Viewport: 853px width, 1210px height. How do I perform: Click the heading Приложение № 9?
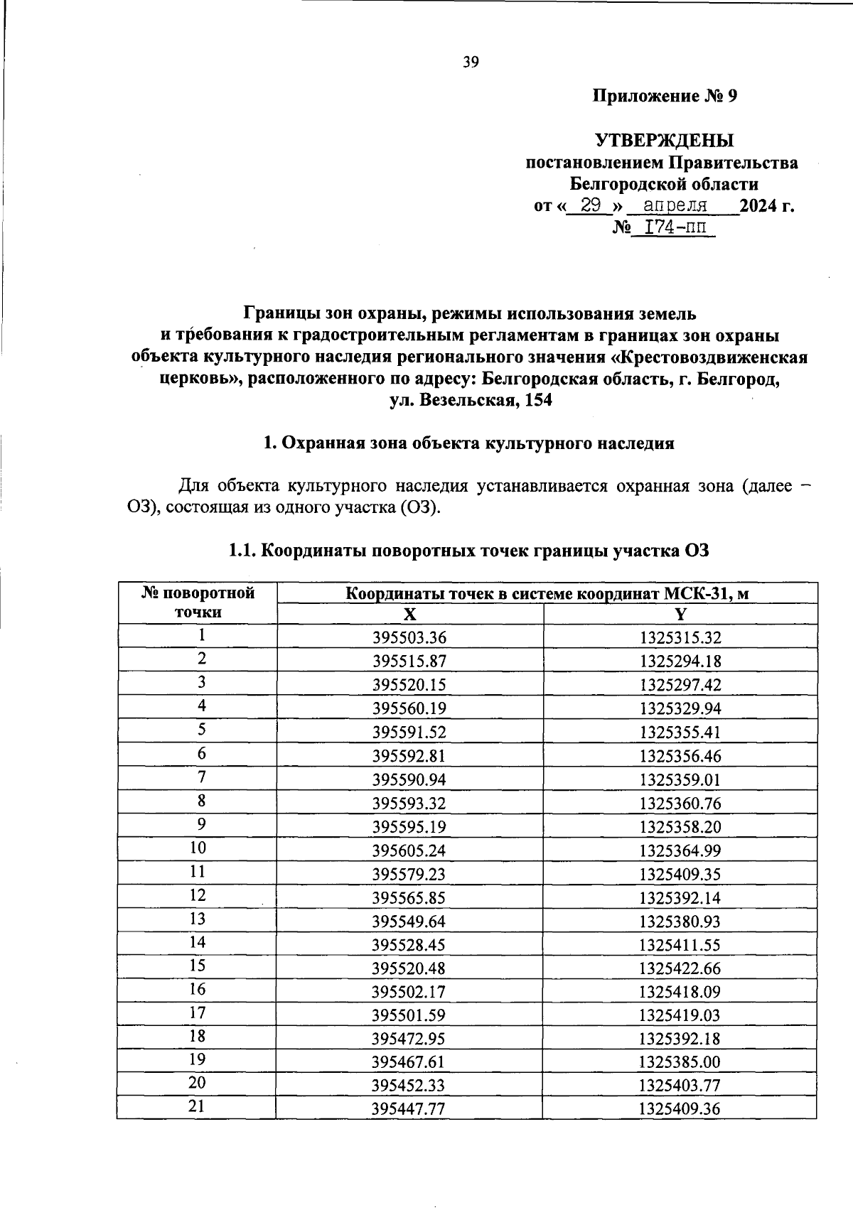665,96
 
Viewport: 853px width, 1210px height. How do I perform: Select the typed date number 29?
591,206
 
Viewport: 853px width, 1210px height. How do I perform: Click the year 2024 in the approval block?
758,207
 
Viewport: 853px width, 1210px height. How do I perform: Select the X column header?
409,615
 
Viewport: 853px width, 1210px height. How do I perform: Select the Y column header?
680,615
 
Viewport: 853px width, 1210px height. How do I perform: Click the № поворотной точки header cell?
198,603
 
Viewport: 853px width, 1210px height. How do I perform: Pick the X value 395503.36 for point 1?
409,638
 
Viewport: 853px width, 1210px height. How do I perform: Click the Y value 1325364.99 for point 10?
680,850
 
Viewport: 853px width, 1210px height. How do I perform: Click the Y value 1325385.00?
680,1062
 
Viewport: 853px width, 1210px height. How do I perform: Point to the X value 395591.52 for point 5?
409,733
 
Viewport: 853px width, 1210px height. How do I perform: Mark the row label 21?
198,1106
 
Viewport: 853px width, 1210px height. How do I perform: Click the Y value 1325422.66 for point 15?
680,968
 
